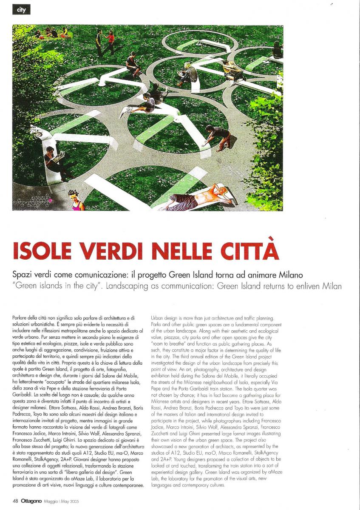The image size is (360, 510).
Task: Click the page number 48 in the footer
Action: click(x=15, y=501)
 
